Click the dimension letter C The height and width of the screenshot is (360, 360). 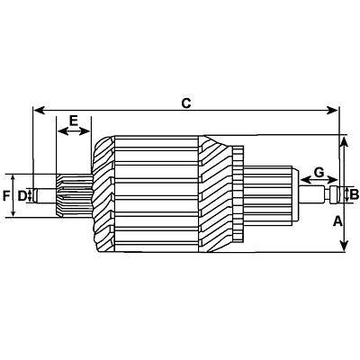185,103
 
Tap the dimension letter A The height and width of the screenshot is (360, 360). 337,220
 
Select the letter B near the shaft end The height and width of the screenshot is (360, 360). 354,193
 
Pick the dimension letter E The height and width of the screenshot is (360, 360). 74,119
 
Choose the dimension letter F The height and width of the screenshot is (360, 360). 5,194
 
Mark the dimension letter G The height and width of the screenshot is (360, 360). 318,171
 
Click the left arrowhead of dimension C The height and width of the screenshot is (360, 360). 37,111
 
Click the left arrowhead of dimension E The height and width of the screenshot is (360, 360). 60,131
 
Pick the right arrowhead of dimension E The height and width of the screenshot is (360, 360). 90,131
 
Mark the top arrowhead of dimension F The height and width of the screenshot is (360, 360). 14,174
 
